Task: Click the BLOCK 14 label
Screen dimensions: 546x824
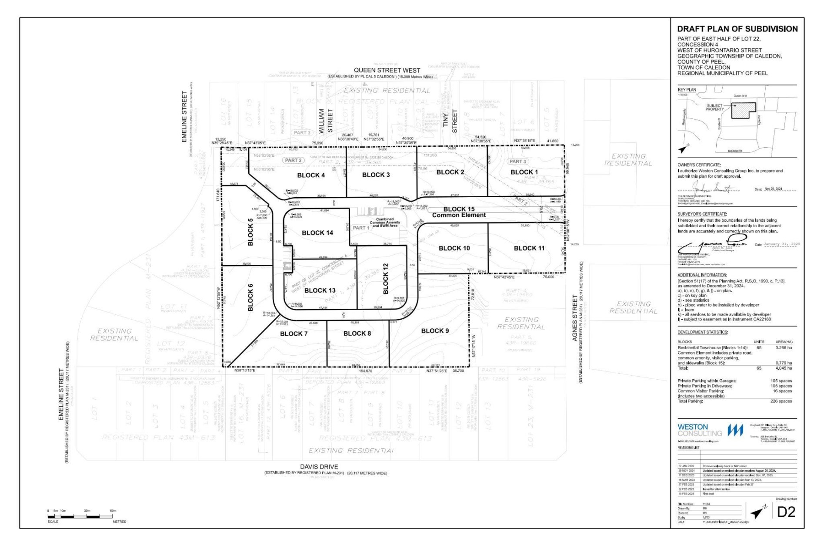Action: pos(317,233)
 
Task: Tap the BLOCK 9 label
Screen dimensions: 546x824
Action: pos(435,331)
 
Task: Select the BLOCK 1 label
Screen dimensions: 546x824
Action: pos(524,172)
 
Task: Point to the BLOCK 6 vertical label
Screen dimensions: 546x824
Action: pos(250,297)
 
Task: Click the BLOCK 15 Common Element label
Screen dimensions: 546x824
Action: pos(459,212)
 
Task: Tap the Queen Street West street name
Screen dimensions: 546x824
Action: pos(387,70)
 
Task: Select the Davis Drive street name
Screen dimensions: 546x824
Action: pos(319,466)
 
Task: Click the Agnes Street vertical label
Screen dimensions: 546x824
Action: pos(575,318)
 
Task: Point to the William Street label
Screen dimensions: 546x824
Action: pos(326,121)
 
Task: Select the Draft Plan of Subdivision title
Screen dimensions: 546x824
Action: pos(737,29)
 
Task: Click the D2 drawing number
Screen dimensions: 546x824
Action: pos(786,512)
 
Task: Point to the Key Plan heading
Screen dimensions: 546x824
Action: pos(687,90)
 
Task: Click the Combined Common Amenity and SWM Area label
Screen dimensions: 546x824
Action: pos(384,222)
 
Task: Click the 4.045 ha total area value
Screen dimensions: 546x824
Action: pos(784,368)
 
